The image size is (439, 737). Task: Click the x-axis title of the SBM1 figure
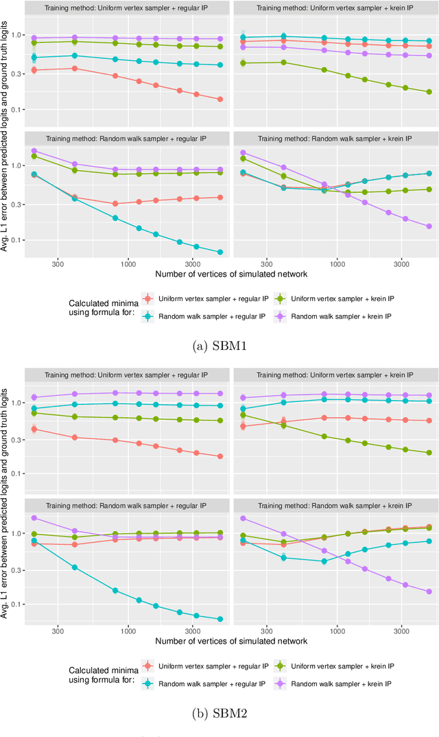[231, 274]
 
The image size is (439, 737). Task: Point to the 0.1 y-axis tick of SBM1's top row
[15, 110]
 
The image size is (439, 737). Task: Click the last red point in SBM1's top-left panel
[220, 99]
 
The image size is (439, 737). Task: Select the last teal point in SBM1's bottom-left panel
[220, 253]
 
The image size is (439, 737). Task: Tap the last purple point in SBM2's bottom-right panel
[429, 592]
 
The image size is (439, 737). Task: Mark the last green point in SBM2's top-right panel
[429, 453]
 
